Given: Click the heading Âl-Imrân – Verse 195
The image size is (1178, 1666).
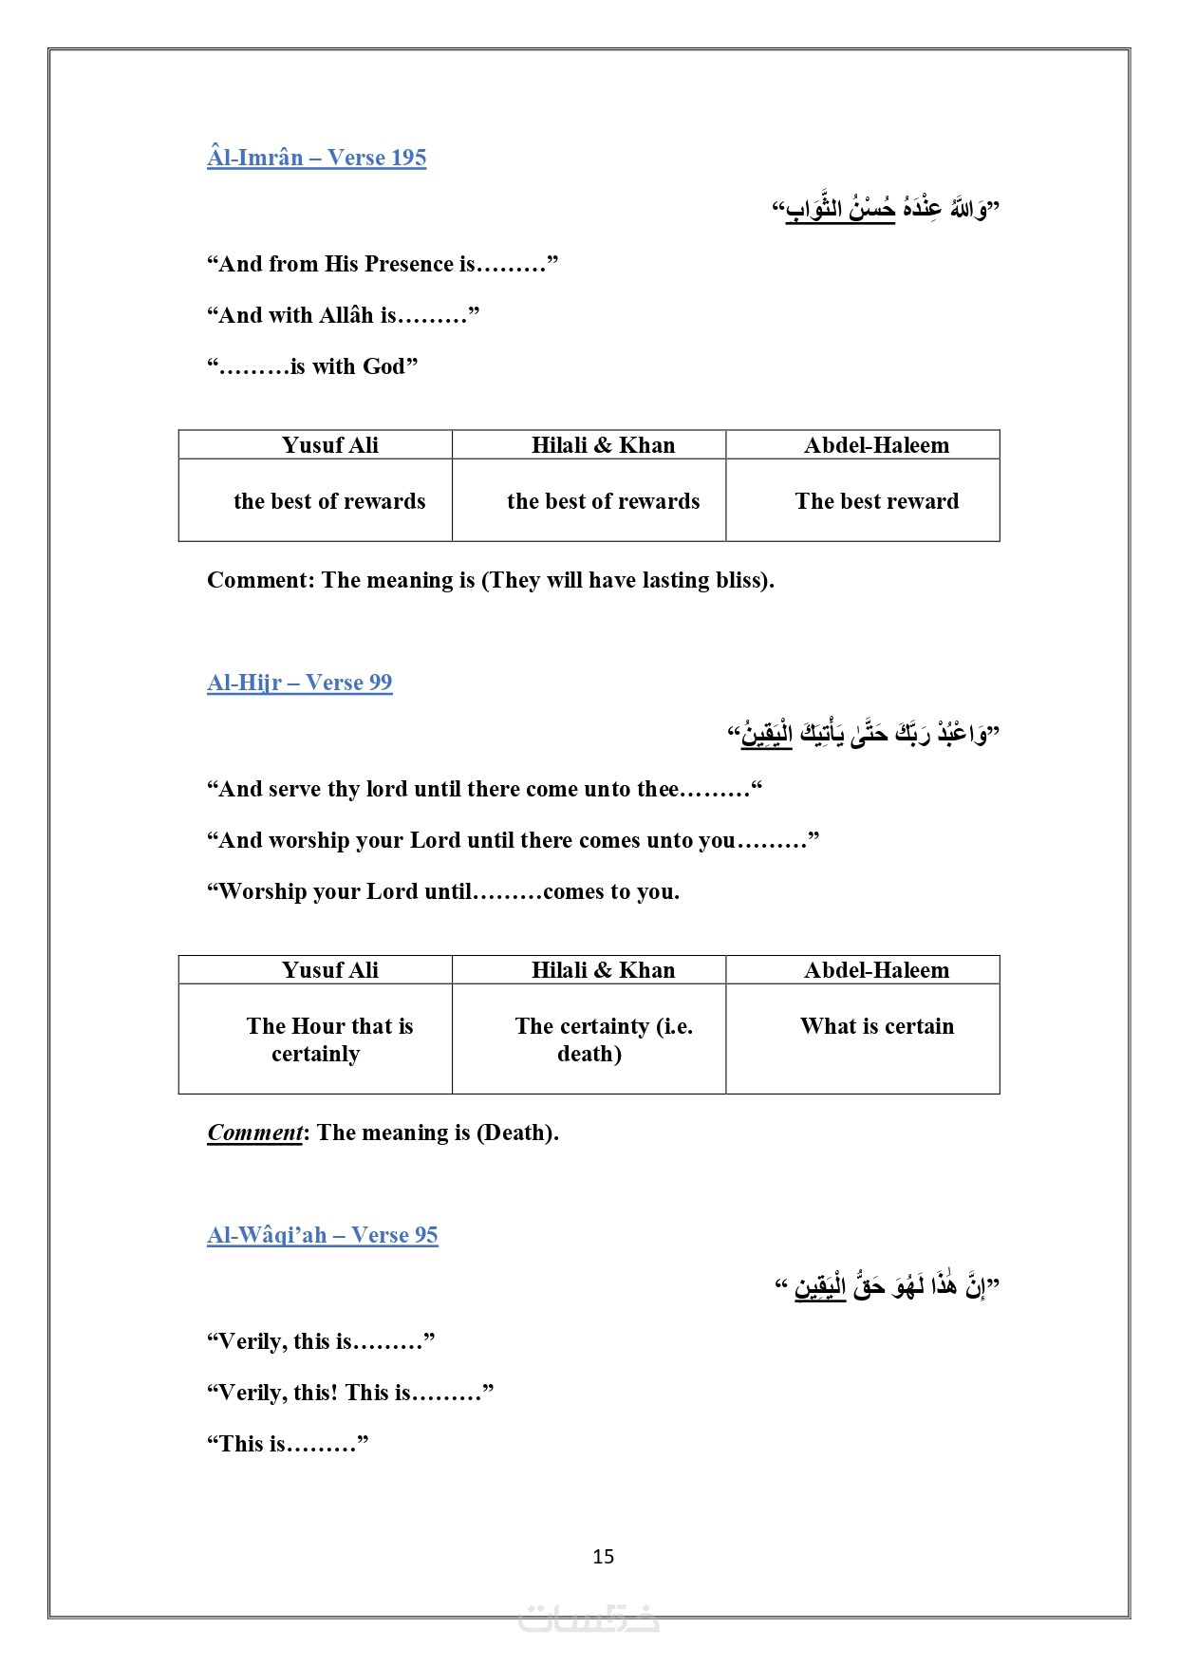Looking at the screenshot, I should [x=316, y=158].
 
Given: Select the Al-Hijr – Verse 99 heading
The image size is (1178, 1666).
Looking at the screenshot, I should [x=299, y=683].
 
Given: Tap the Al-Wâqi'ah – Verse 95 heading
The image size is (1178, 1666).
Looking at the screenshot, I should [x=322, y=1235].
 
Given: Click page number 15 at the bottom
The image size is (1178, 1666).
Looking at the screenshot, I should [x=603, y=1557].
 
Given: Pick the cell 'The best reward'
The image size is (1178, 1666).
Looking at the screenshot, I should [x=876, y=501].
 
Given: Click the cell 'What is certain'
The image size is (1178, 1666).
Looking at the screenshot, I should [x=876, y=1026].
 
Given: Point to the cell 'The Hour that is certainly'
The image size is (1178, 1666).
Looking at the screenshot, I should [x=328, y=1039].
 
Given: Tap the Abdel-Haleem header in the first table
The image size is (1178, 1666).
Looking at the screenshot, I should [x=876, y=445].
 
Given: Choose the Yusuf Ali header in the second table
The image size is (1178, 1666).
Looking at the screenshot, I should [x=329, y=970].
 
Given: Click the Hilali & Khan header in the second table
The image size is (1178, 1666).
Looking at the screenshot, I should [x=603, y=970].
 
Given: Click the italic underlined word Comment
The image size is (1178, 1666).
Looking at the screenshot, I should [x=254, y=1133].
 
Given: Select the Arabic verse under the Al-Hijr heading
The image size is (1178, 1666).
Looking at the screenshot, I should [x=863, y=734].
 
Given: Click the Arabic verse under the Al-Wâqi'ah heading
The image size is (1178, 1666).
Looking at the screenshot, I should [x=887, y=1286].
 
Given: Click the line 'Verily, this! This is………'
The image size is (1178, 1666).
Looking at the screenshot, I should [x=349, y=1393].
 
